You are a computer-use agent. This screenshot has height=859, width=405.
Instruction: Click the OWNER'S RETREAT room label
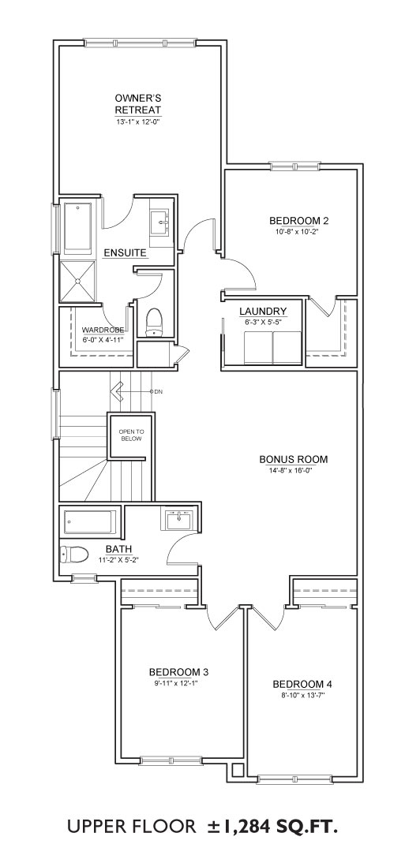(137, 103)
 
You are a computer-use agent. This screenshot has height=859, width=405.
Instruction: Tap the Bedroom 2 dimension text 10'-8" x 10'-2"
(298, 231)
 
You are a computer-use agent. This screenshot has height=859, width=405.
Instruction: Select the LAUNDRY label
(263, 312)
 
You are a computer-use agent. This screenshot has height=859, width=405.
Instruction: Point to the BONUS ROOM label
(293, 459)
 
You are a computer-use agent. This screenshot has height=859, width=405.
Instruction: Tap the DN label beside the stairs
(158, 392)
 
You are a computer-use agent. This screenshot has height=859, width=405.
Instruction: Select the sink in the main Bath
(178, 519)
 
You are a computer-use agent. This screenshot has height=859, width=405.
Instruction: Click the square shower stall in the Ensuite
(77, 281)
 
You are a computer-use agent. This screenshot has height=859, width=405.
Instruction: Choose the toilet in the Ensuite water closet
(155, 323)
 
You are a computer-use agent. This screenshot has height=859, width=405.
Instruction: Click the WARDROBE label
(103, 330)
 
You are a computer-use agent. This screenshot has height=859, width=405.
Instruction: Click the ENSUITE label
(125, 253)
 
